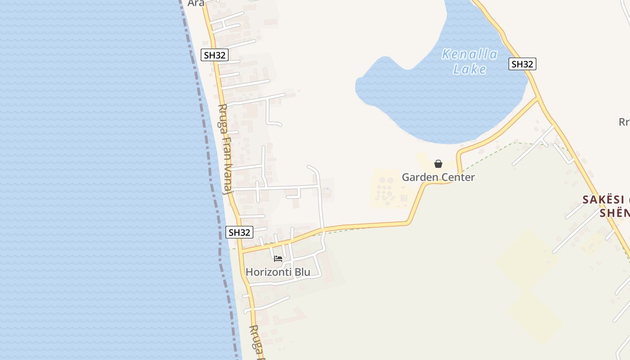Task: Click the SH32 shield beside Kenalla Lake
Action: tap(522, 64)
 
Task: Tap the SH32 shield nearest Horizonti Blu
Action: tap(239, 232)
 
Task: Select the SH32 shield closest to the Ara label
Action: tap(215, 55)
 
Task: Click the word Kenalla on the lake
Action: tap(469, 54)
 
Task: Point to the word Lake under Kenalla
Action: tap(469, 69)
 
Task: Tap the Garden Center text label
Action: tap(438, 177)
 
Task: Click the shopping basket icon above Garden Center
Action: tap(438, 164)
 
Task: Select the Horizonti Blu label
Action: tap(278, 272)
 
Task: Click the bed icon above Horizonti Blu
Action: tap(278, 259)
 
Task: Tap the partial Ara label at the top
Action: tap(196, 3)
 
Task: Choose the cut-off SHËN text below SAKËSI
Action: tap(614, 212)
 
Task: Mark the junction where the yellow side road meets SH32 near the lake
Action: tap(539, 98)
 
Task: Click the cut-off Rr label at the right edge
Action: tap(624, 121)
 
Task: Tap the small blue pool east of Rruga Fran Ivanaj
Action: tap(327, 189)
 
